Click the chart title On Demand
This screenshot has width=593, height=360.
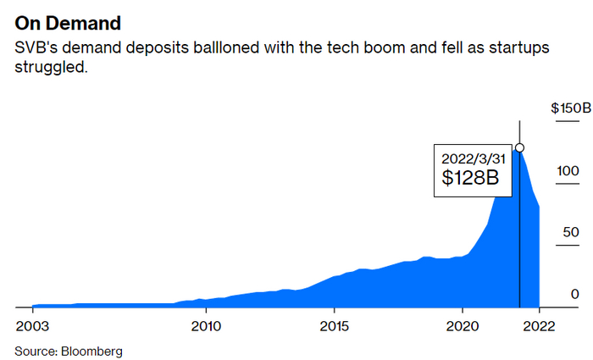[68, 22]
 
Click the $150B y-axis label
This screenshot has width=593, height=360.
[570, 108]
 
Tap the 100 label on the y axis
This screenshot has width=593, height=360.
[567, 170]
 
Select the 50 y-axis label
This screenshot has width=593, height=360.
[570, 232]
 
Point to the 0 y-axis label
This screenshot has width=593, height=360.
[574, 294]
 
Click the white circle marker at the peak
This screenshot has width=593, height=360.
[519, 147]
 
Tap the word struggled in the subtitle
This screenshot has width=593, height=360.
[50, 67]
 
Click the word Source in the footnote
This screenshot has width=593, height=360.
[35, 350]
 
